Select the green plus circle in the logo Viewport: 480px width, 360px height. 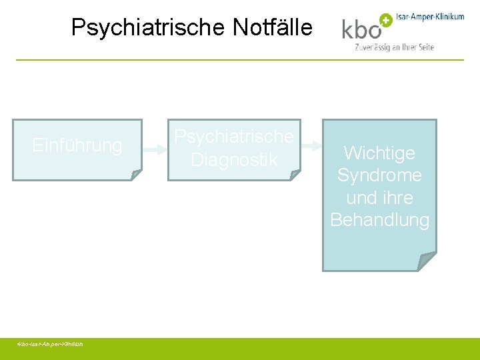[385, 20]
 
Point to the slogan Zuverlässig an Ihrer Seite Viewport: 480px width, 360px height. [395, 47]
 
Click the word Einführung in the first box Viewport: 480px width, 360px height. [77, 145]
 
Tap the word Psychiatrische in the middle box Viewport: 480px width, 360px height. [234, 137]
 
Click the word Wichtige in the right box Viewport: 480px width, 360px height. [379, 153]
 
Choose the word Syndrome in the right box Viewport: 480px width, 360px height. [379, 175]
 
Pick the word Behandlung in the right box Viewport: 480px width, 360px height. [379, 220]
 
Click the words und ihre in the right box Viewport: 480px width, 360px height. [379, 198]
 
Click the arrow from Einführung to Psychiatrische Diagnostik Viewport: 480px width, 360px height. [154, 151]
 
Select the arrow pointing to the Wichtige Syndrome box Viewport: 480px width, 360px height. [311, 151]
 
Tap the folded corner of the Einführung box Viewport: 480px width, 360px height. [136, 175]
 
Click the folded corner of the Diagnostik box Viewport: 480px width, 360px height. [295, 175]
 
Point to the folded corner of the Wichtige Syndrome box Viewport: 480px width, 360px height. [428, 261]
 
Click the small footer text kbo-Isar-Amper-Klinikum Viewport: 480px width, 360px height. [51, 344]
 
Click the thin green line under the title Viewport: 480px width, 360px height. [240, 60]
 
